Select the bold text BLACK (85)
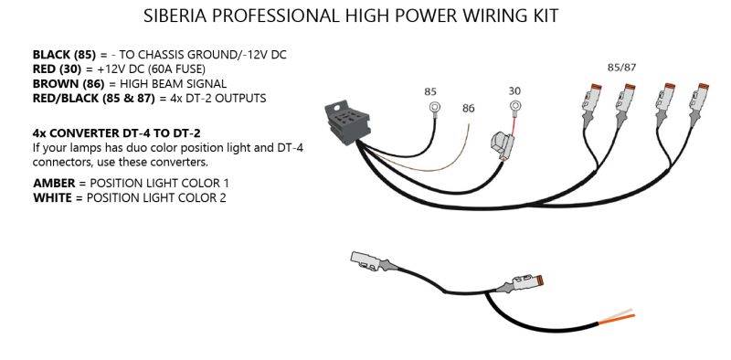coord(64,55)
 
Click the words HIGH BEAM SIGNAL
coord(173,84)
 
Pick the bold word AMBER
coord(54,183)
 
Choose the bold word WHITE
coord(53,197)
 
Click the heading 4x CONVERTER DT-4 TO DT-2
coord(117,133)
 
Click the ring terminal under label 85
coord(435,108)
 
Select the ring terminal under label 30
coord(514,106)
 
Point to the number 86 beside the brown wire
coord(469,108)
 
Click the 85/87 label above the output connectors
coord(622,67)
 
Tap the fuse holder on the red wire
coord(503,145)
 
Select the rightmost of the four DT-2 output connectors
coord(699,104)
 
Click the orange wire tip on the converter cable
coord(616,320)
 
